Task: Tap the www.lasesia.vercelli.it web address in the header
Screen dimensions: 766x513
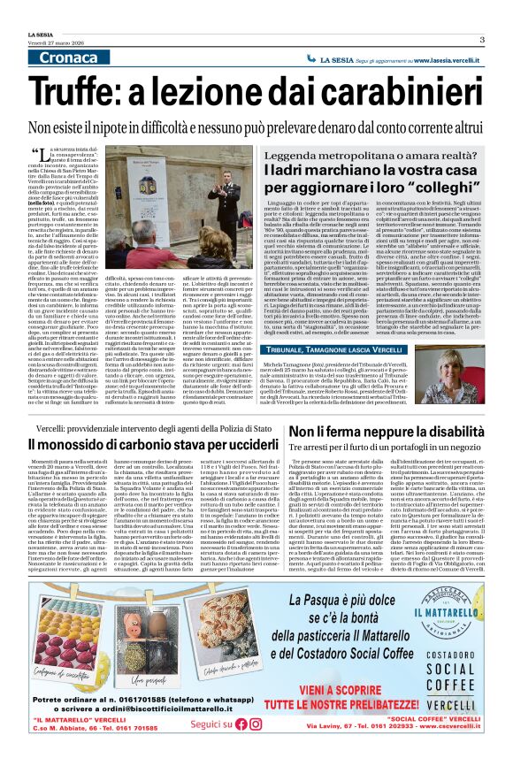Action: click(x=436, y=57)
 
